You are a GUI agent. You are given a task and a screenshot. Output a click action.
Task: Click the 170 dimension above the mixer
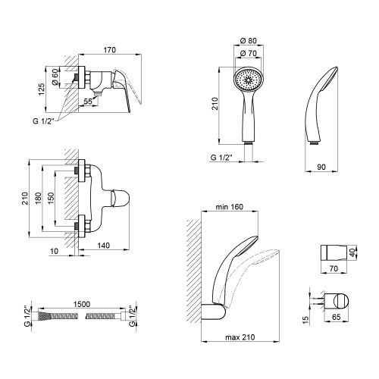point(110,50)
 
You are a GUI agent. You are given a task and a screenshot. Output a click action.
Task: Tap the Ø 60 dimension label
point(55,77)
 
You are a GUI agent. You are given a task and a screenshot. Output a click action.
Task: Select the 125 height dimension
point(42,89)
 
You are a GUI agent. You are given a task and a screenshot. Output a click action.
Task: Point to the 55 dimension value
point(88,102)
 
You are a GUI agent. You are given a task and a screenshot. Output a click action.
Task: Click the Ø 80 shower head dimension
point(249,41)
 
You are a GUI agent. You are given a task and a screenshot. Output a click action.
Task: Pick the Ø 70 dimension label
point(249,53)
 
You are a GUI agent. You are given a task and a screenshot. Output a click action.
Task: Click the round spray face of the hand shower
point(249,80)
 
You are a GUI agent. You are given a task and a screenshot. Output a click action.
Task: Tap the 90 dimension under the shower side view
point(321,167)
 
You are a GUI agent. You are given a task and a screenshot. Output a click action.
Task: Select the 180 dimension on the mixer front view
point(38,199)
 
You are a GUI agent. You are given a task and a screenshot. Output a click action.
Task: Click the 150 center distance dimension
point(51,199)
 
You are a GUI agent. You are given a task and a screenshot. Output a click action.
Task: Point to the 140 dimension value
point(104,246)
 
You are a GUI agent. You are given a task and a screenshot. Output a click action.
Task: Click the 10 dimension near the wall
point(55,251)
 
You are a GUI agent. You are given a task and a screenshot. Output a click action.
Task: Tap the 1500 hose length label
point(82,304)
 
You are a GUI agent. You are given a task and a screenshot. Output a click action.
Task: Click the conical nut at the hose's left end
point(42,316)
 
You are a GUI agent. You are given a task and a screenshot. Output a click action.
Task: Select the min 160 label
point(230,207)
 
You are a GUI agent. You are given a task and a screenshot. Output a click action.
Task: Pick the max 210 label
point(240,337)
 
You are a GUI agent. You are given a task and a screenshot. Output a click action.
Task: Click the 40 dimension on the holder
point(352,252)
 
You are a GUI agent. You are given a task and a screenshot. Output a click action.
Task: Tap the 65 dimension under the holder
point(337,317)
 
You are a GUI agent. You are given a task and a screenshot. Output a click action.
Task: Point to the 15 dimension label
point(305,319)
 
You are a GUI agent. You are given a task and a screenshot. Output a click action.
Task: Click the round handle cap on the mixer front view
point(121,199)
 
